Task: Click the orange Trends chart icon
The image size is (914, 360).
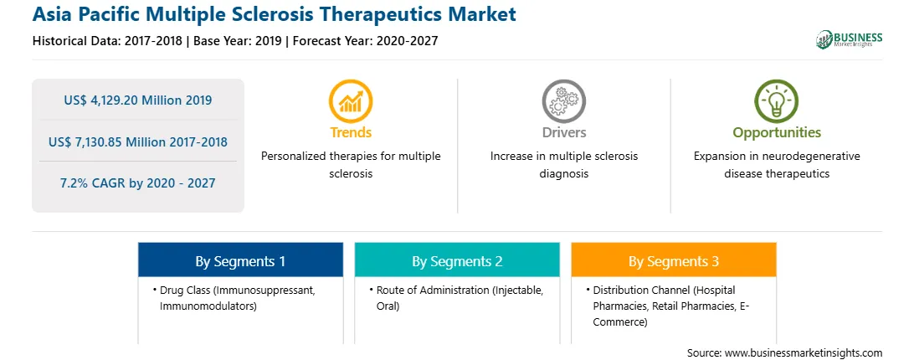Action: click(x=351, y=101)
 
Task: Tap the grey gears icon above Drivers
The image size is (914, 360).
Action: click(x=563, y=101)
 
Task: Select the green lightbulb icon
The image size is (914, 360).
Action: click(x=777, y=101)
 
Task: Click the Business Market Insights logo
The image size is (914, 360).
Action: click(x=849, y=39)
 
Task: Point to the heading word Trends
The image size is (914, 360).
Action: click(x=351, y=132)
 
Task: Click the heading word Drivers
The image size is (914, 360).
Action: click(x=563, y=132)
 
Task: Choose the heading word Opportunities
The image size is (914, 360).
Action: click(x=777, y=133)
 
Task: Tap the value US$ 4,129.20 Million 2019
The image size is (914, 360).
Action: click(x=137, y=100)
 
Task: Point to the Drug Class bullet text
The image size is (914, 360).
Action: click(x=237, y=297)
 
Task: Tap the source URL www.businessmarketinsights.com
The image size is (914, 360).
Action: click(x=804, y=353)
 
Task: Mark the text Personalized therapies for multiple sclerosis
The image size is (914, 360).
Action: click(x=351, y=165)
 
